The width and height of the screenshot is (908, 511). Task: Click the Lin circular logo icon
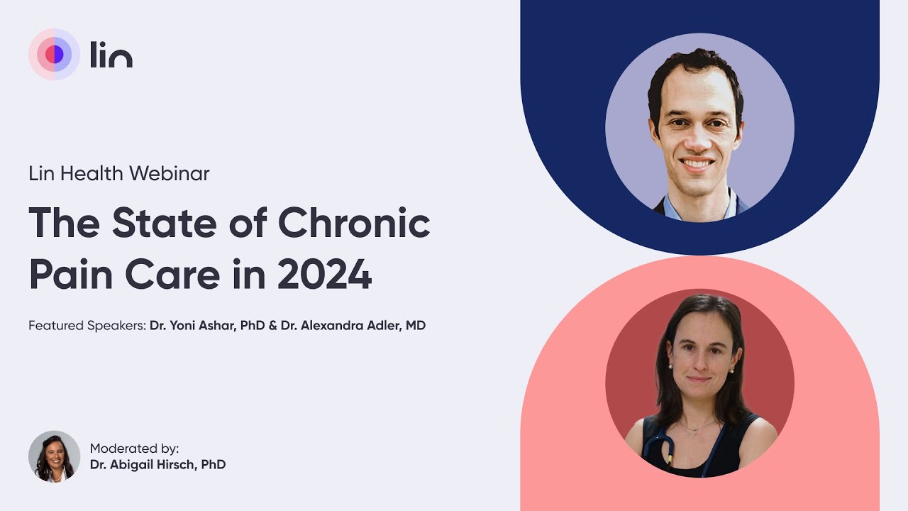tap(54, 55)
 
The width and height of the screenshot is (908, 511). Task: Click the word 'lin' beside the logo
tap(111, 55)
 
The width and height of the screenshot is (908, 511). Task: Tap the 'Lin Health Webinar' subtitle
tap(119, 173)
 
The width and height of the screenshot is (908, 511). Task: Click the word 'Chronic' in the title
tap(354, 223)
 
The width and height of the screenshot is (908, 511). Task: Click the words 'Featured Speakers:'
tap(87, 326)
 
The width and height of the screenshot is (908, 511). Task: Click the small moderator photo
tap(54, 456)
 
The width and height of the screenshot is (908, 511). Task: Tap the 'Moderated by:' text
tap(135, 449)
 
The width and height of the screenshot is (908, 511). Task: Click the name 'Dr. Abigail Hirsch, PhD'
tap(157, 465)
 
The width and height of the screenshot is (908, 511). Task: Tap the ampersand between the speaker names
tap(273, 326)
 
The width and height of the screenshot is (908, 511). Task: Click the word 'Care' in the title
tap(169, 275)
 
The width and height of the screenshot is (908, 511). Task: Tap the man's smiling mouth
tap(698, 164)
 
